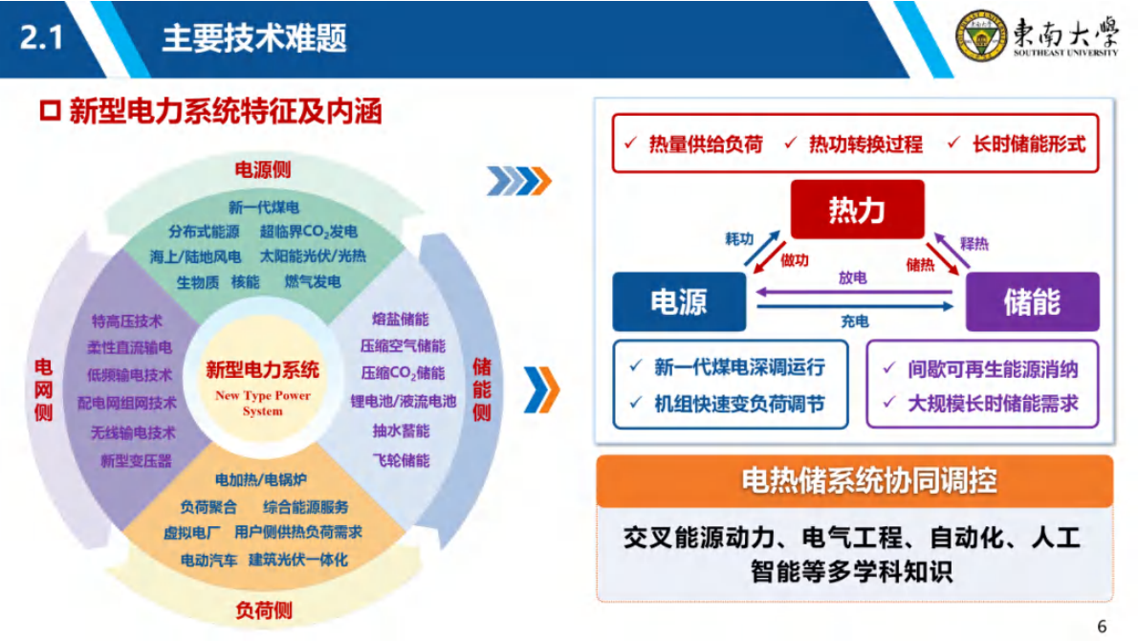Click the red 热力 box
tap(857, 209)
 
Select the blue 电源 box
tap(679, 301)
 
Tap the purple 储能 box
tap(1032, 301)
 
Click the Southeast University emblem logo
tap(979, 37)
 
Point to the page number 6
tap(1102, 627)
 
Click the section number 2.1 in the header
tap(41, 38)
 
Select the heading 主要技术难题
tap(253, 38)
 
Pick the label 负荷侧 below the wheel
tap(263, 609)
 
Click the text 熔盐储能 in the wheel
tap(401, 319)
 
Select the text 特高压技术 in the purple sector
tap(127, 320)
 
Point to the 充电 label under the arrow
tap(854, 321)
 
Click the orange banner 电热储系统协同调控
tap(854, 480)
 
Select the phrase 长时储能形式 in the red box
tap(1028, 144)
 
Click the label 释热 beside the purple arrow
tap(974, 244)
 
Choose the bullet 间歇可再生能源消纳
tap(993, 368)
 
